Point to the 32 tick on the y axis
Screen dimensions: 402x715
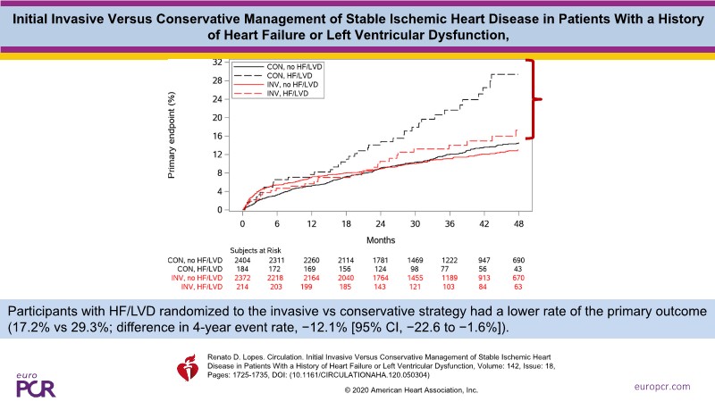(219, 63)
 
